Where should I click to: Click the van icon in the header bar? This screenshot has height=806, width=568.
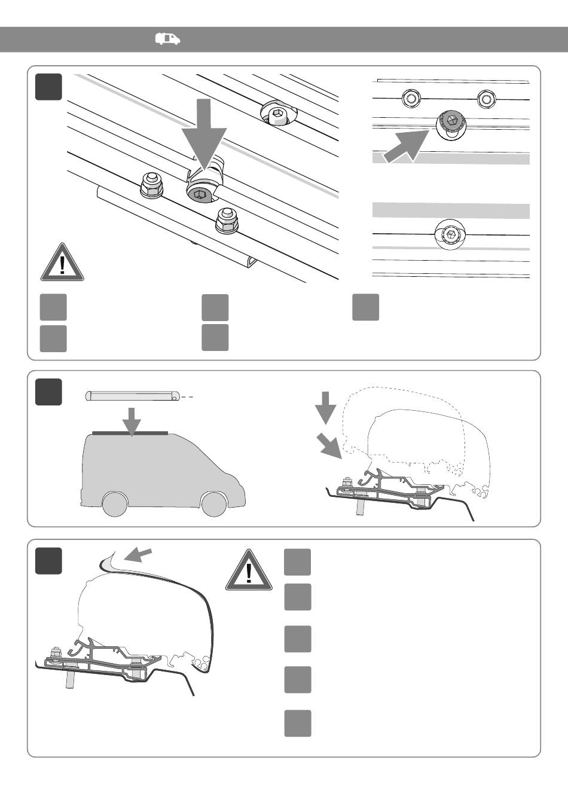(167, 39)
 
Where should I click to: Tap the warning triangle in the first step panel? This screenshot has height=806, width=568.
(62, 263)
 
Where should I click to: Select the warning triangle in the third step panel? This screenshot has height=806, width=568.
(248, 571)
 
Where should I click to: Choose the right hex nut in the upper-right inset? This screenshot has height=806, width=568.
(485, 98)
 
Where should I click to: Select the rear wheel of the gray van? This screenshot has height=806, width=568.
(114, 503)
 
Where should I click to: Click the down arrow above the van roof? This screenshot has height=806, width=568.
(132, 420)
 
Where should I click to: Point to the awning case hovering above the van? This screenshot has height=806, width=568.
(133, 396)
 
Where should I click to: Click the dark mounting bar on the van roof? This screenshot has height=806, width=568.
(130, 432)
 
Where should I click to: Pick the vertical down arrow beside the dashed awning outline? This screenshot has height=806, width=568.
(326, 406)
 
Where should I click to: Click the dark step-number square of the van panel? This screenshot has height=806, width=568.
(48, 392)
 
